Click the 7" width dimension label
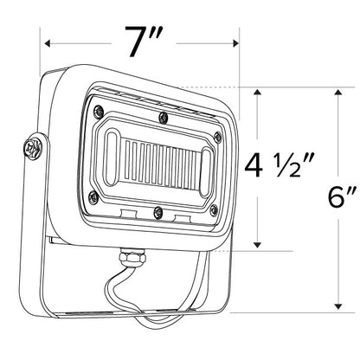coord(143,42)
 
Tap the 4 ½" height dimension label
coord(279,165)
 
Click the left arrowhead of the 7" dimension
coord(48,43)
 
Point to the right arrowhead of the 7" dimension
coord(235,43)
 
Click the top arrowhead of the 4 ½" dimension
coord(257,93)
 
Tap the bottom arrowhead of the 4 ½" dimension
coord(257,245)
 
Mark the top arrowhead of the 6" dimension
coord(338,93)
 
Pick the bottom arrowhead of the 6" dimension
coord(338,306)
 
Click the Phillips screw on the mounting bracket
coord(33,148)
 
